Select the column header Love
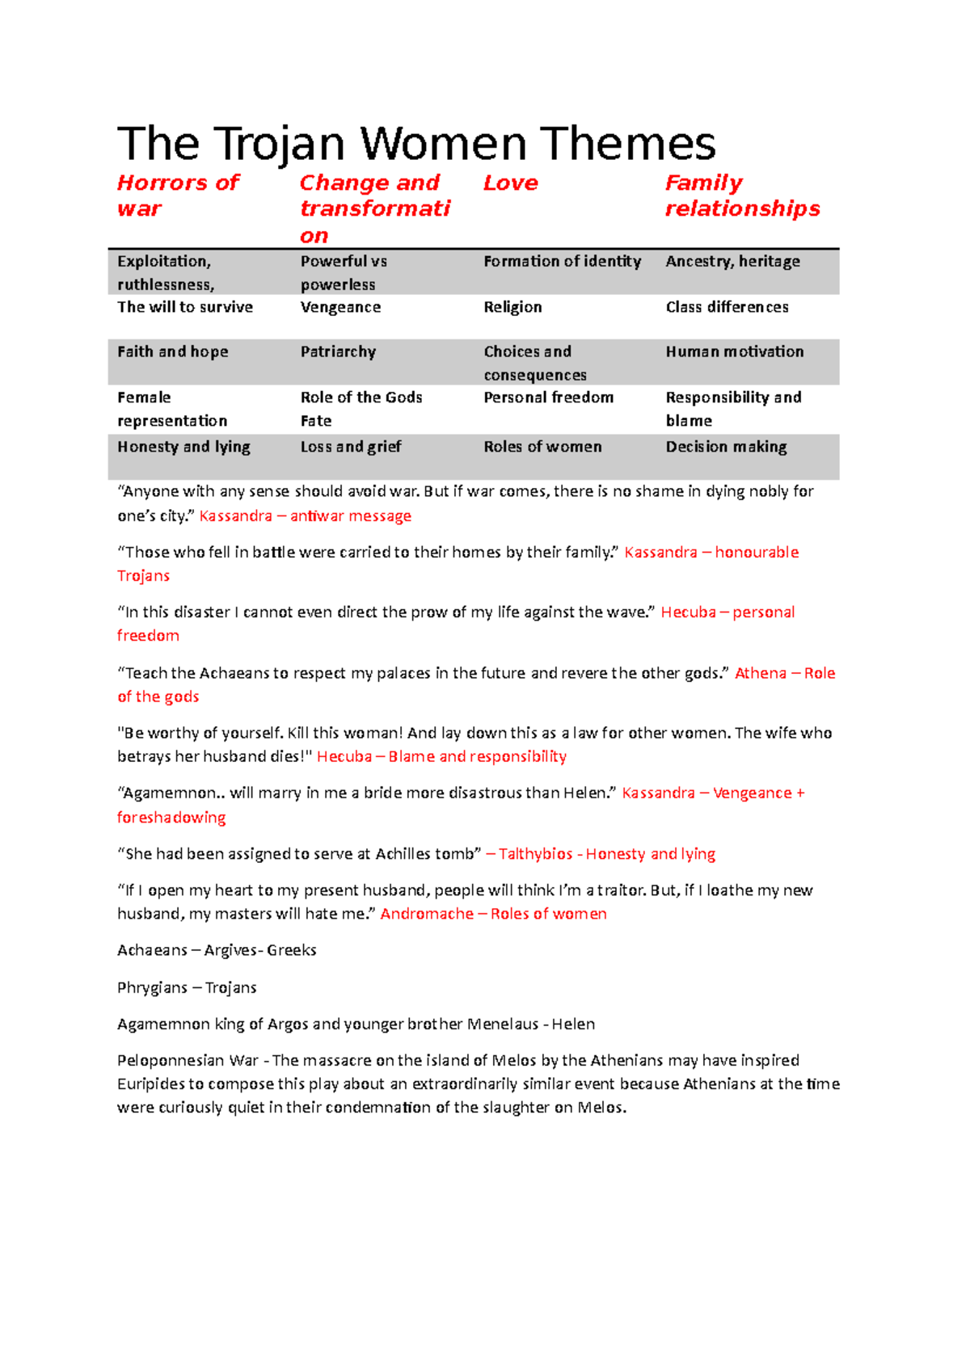(510, 183)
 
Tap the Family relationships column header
(741, 196)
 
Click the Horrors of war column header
(178, 196)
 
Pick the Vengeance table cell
(340, 307)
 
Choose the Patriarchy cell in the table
(338, 351)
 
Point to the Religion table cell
(512, 307)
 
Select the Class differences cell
(727, 307)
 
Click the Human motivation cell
(734, 351)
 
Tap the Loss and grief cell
(350, 447)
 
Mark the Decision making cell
(726, 447)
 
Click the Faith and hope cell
(172, 351)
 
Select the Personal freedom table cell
(548, 398)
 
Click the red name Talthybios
(535, 854)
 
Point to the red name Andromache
(427, 914)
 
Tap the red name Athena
(760, 673)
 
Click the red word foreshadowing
(171, 818)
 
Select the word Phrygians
(152, 987)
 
